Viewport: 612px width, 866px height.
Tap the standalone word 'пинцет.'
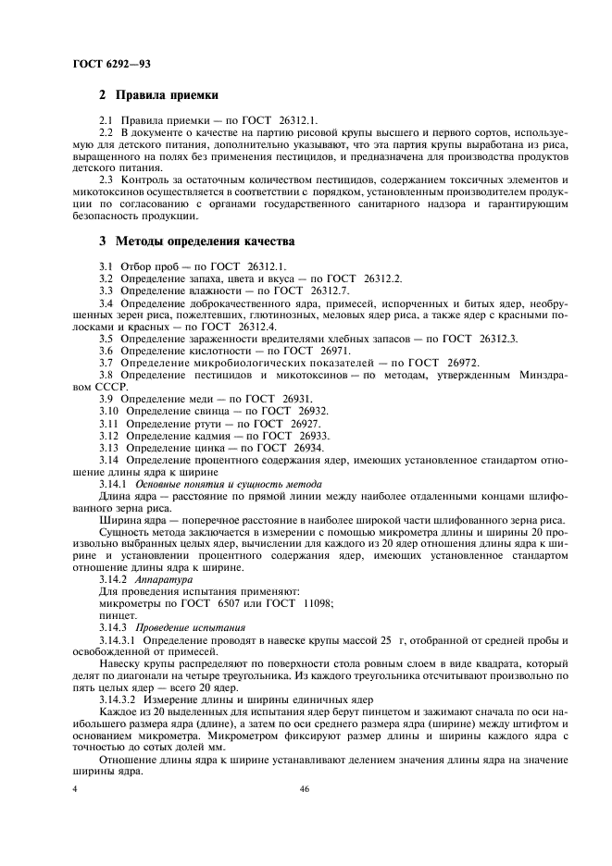tap(117, 615)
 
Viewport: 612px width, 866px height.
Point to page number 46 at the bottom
tap(305, 789)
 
